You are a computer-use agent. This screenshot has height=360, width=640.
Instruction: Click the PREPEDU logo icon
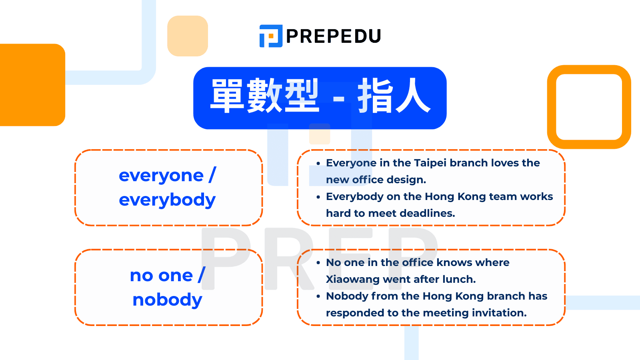[x=271, y=36]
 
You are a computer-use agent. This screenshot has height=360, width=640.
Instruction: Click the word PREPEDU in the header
[x=334, y=36]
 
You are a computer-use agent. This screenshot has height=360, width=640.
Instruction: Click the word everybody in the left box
[x=168, y=200]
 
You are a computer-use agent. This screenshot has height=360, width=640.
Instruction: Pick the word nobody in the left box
[x=168, y=300]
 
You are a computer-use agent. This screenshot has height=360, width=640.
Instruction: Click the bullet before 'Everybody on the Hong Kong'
[x=318, y=197]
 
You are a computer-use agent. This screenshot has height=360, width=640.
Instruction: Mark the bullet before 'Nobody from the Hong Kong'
[x=318, y=296]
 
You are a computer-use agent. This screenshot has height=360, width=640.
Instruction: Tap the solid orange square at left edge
[x=32, y=85]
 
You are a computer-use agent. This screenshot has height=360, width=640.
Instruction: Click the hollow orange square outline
[x=589, y=70]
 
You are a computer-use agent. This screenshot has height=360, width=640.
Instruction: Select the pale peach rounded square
[x=188, y=36]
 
